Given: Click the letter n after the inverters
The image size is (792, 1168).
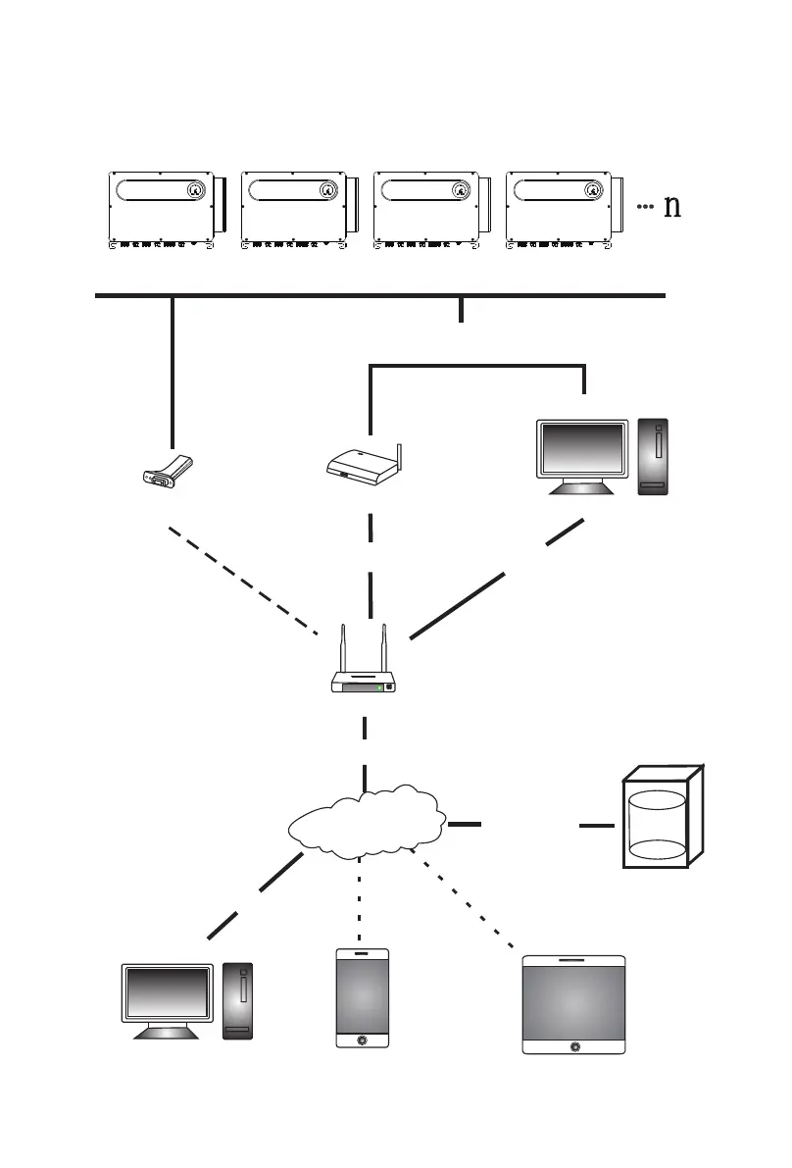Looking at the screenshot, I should click(671, 207).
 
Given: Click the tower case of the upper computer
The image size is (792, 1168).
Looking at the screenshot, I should click(655, 456).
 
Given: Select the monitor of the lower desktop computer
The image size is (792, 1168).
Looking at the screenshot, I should click(167, 995).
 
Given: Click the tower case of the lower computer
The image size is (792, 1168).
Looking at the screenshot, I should click(238, 1000).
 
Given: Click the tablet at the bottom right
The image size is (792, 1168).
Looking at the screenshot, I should click(573, 1003).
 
